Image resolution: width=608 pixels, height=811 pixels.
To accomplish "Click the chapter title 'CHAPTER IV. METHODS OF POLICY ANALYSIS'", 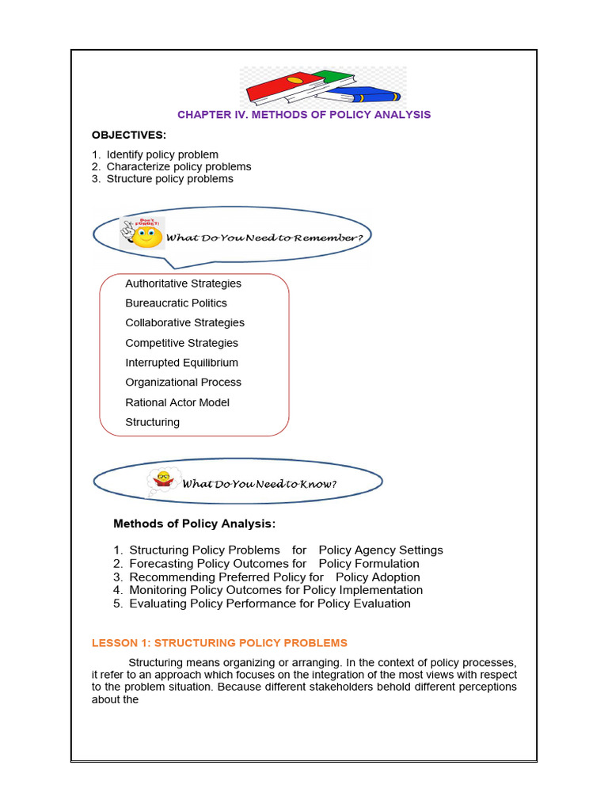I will tap(304, 115).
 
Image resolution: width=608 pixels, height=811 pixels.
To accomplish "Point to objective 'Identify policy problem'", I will tap(162, 154).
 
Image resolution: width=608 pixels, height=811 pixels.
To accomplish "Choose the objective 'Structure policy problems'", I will tap(169, 179).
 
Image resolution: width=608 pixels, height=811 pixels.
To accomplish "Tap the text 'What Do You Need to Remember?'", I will tap(268, 237).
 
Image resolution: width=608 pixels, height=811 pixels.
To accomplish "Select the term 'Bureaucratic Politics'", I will tap(176, 303).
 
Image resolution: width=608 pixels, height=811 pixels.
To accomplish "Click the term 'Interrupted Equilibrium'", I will tap(181, 363).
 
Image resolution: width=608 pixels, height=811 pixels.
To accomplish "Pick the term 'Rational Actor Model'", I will tap(177, 402).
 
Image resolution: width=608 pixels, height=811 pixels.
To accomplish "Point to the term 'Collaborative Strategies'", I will tap(184, 323).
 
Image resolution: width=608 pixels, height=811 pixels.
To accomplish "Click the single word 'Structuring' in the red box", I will tap(152, 422).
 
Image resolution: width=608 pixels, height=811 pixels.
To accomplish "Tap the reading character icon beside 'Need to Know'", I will tap(164, 480).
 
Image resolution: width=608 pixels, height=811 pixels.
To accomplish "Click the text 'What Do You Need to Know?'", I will tap(260, 484).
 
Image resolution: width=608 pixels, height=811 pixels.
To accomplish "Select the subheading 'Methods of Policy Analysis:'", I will tap(195, 524).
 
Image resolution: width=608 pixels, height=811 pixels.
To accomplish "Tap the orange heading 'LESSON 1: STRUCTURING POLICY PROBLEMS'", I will tap(219, 643).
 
